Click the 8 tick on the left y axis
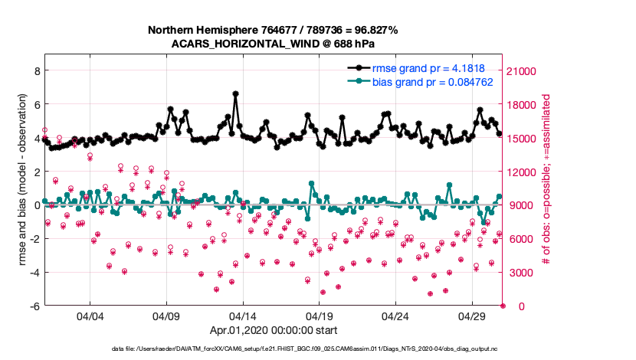35,70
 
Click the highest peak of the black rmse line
235,93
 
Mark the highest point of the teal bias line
311,184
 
